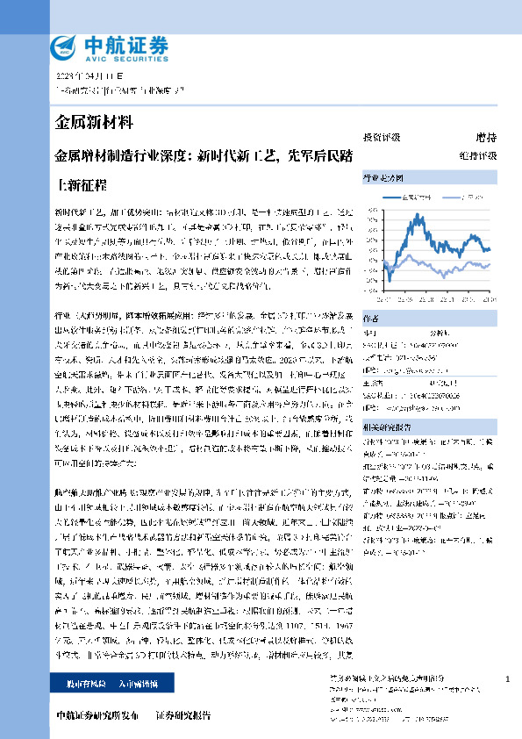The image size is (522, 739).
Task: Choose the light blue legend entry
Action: point(469,197)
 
